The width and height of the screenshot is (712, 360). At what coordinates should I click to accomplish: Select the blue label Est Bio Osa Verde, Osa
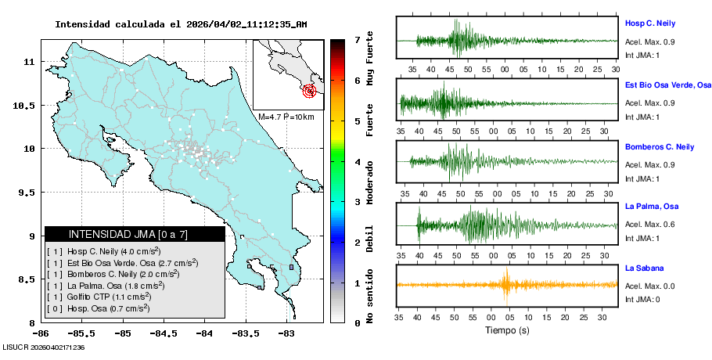coord(667,85)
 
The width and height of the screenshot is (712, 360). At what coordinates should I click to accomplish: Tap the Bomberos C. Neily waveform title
coord(660,146)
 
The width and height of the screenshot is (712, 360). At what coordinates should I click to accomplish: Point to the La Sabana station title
coord(644,268)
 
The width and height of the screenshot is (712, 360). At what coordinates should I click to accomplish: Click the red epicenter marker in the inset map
coord(311,91)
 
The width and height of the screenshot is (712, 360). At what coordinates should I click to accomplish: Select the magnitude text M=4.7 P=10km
coord(286,117)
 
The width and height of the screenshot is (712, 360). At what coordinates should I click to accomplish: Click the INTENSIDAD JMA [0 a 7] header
coord(134,234)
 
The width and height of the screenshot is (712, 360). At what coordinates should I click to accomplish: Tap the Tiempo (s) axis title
coord(507,330)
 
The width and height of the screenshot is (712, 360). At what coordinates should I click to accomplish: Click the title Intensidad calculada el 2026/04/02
coord(180,24)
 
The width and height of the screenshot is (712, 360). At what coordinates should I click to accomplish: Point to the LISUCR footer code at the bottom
coord(43,347)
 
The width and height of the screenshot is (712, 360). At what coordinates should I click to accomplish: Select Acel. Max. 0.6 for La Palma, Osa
coord(648,226)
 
